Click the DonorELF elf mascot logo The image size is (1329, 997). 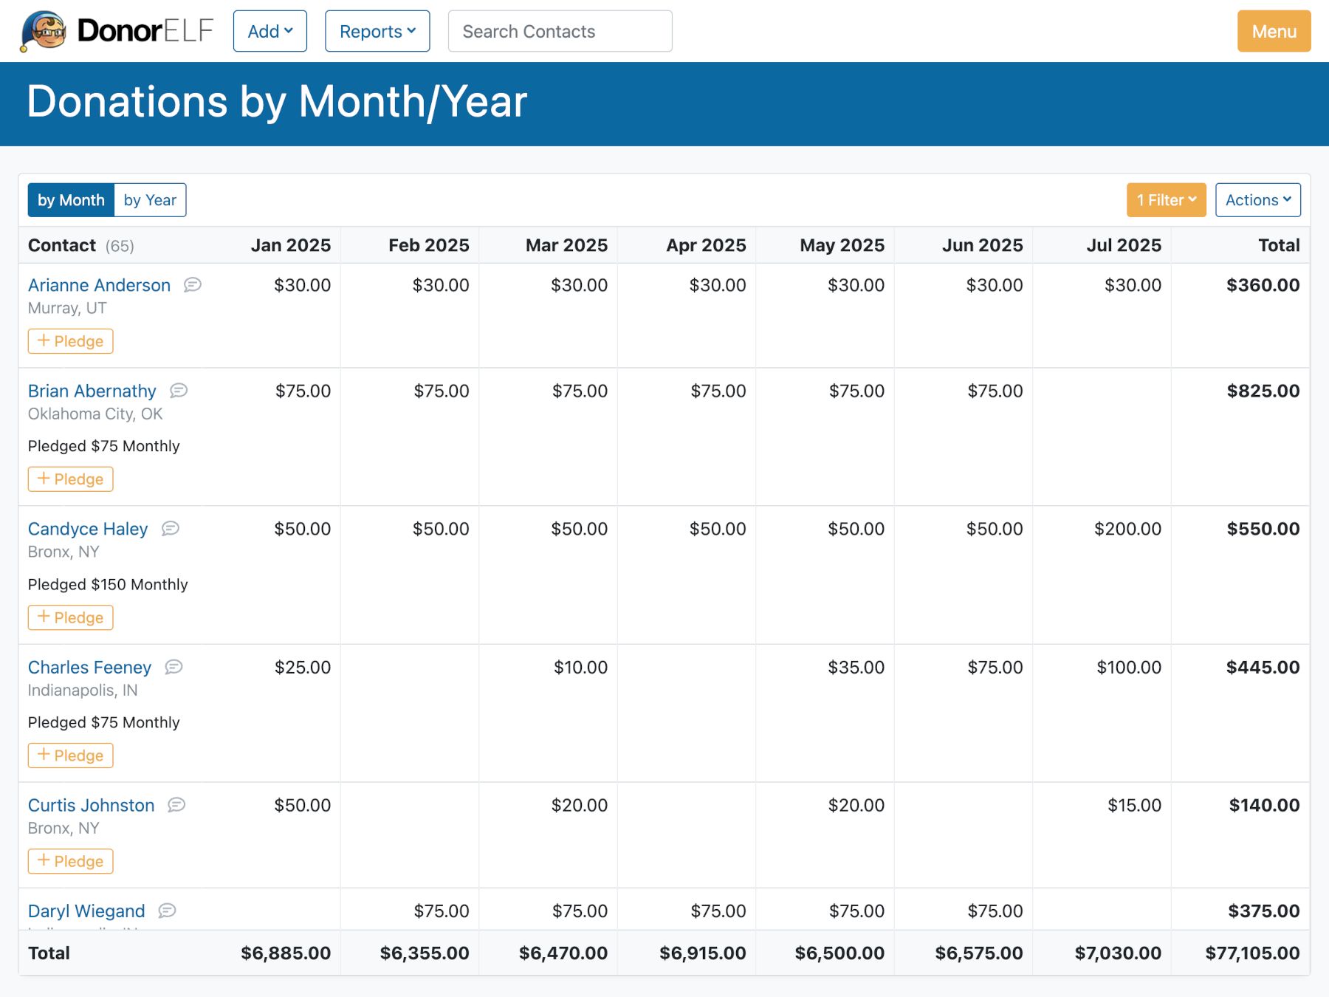44,31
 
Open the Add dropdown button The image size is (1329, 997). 270,31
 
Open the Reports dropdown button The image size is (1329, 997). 377,31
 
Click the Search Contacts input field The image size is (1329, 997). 560,31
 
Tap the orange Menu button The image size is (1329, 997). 1274,31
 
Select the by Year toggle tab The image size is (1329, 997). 150,200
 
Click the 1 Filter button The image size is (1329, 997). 1166,200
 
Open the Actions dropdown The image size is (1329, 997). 1258,200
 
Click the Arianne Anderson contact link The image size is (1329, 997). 99,285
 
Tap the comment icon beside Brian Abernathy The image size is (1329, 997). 179,391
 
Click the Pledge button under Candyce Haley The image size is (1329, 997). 71,617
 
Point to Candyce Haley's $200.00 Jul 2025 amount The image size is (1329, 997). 1127,529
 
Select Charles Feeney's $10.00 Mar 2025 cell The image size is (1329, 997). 580,668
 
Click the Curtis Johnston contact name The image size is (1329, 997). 92,805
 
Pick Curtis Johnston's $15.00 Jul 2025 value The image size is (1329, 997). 1134,805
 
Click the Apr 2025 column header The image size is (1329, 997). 706,245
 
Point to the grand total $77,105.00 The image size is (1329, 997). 1252,953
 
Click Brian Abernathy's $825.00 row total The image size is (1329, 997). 1263,391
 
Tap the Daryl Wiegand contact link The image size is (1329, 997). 86,911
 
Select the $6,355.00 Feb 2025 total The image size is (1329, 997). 425,953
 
